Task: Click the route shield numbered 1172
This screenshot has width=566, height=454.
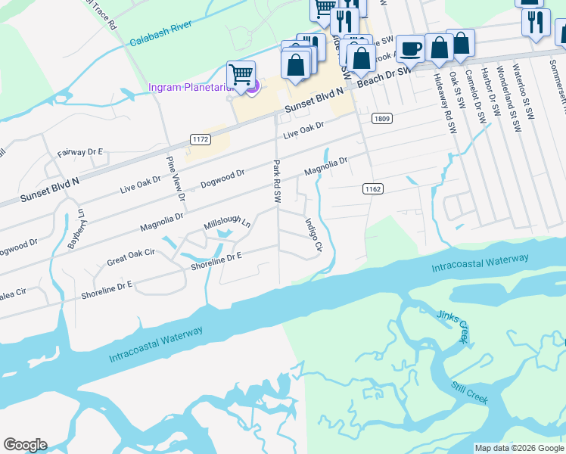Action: click(x=200, y=139)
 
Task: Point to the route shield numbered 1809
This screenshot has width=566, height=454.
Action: click(x=381, y=118)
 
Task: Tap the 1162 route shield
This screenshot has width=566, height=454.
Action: click(x=371, y=188)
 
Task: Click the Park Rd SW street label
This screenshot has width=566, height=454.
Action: click(x=277, y=182)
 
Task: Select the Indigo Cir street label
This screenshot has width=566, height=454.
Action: click(x=313, y=235)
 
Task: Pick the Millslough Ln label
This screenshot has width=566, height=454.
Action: click(x=227, y=225)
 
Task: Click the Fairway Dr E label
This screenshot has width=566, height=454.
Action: click(x=79, y=153)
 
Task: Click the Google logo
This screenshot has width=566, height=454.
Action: click(x=25, y=445)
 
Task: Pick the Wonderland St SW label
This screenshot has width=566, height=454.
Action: click(x=505, y=95)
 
